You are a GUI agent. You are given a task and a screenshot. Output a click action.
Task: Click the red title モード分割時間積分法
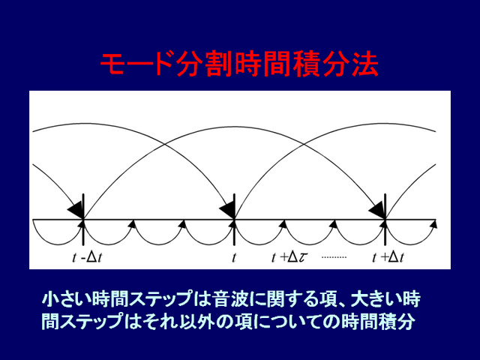[239, 64]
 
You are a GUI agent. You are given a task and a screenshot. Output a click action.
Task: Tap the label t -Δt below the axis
[88, 258]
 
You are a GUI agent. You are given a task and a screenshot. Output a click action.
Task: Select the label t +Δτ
[289, 258]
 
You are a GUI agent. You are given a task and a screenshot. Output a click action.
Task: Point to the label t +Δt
[388, 258]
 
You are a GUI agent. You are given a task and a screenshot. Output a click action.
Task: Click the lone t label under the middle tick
[233, 258]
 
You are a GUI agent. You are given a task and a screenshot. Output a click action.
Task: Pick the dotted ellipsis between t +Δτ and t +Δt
[334, 257]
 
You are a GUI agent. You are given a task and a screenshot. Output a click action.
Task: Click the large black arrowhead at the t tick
[227, 209]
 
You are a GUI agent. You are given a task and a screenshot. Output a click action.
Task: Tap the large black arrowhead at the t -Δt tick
[76, 209]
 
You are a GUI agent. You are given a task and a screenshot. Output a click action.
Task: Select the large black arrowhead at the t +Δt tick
[377, 209]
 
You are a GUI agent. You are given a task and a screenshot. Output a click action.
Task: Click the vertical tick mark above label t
[234, 219]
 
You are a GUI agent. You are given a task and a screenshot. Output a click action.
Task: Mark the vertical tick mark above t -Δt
[83, 219]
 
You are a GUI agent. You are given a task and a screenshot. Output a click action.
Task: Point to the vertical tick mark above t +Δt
[385, 219]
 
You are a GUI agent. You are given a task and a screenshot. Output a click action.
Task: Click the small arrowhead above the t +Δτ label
[283, 224]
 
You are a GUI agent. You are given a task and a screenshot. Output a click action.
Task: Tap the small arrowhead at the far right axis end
[433, 224]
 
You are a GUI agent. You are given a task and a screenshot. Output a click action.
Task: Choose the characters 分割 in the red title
[205, 64]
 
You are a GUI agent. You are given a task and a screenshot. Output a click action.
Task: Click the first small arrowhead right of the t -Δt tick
[132, 224]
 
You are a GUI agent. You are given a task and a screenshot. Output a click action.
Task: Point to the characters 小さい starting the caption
[67, 298]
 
